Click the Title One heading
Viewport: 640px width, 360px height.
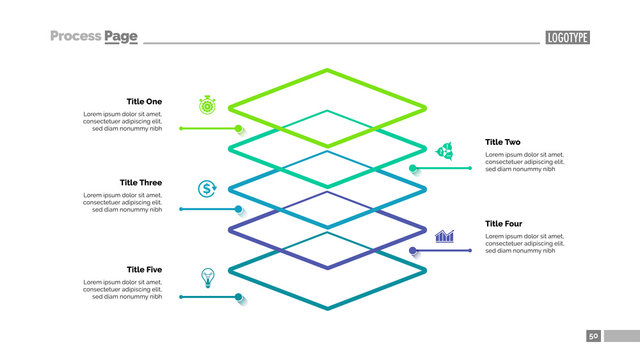click(144, 101)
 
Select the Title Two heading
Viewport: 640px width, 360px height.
click(503, 142)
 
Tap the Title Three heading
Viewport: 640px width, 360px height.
click(141, 183)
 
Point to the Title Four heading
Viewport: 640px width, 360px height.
click(503, 224)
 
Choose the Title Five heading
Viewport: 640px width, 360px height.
click(144, 270)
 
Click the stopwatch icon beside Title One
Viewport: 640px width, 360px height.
click(207, 104)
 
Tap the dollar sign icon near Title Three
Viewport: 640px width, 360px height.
click(207, 188)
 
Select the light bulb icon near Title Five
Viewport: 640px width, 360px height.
click(208, 276)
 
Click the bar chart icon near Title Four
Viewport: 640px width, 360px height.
click(445, 235)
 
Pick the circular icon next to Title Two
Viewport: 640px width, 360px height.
click(445, 151)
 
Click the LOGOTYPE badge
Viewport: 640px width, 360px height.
click(567, 38)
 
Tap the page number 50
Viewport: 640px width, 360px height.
click(594, 337)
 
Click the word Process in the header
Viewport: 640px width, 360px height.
click(76, 37)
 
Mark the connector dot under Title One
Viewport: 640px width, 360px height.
click(239, 128)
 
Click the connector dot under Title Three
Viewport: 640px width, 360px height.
click(239, 209)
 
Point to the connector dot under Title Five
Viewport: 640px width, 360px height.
click(239, 297)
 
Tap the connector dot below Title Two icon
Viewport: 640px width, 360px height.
click(415, 168)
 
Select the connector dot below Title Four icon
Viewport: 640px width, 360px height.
click(415, 250)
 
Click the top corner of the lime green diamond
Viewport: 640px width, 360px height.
click(328, 69)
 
